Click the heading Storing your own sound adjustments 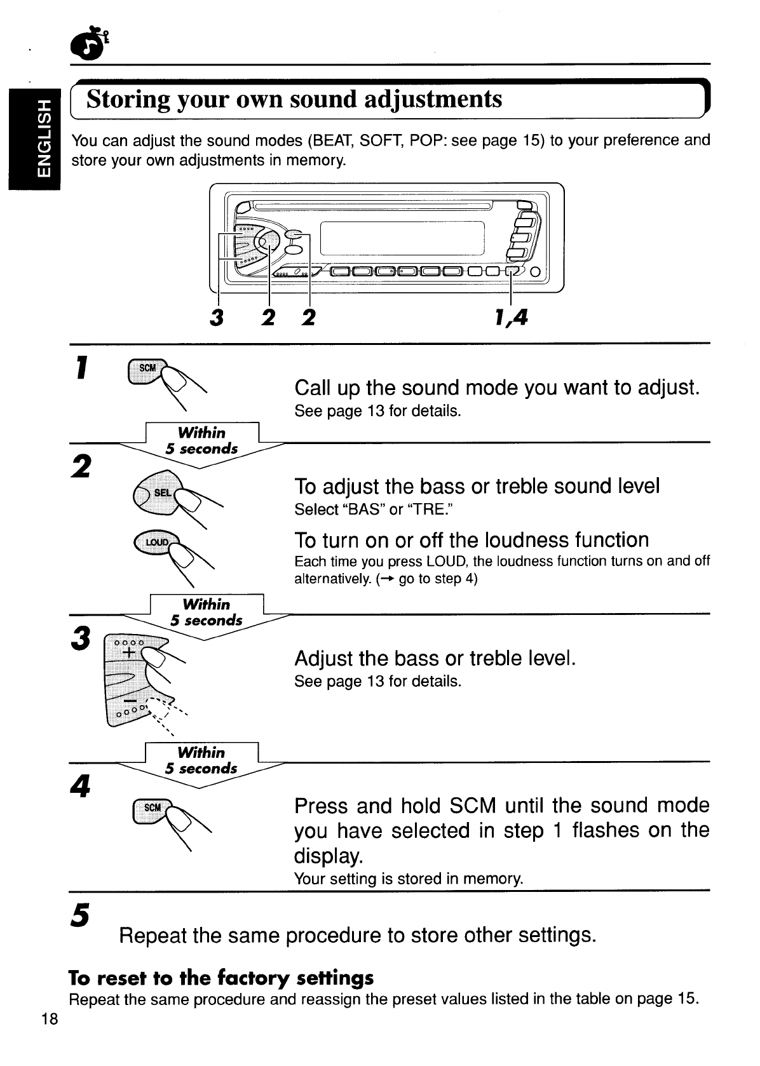294,100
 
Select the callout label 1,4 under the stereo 511,316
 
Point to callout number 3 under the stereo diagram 217,317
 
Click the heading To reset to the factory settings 221,976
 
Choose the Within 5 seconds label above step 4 201,760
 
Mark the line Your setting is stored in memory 409,879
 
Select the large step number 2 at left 81,468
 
